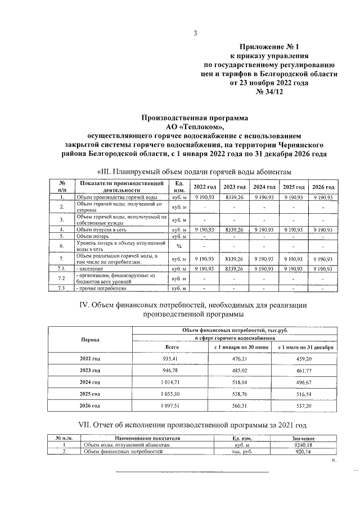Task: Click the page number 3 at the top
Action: pos(195,33)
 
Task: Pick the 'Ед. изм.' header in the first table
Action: pos(179,187)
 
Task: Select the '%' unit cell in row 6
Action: pos(179,246)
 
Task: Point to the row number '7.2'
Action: pos(62,278)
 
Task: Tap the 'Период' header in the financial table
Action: pos(89,340)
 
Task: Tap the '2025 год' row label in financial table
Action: pos(89,394)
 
